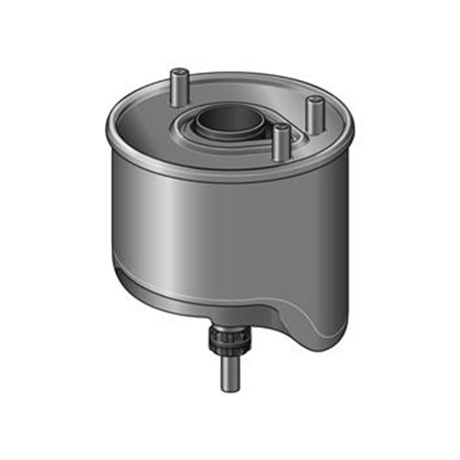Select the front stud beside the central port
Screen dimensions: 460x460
tap(281, 143)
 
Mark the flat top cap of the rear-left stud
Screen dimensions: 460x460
tap(179, 71)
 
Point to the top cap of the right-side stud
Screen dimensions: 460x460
tap(314, 100)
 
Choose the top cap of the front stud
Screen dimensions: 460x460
tap(281, 129)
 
